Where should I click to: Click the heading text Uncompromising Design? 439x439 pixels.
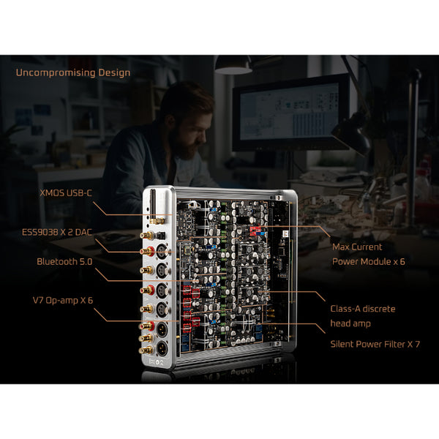pos(73,73)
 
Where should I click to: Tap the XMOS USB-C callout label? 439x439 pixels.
pos(66,193)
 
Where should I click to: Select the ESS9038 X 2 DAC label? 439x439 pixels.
pos(57,232)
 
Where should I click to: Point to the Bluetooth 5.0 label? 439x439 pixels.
pos(64,261)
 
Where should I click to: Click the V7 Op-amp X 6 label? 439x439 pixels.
pos(63,301)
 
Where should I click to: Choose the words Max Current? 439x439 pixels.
pos(357,247)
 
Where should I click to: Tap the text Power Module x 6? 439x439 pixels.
pos(369,261)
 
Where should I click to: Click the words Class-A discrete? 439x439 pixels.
pos(363,309)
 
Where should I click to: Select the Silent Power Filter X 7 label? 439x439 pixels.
pos(375,344)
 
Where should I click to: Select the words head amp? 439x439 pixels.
pos(350,323)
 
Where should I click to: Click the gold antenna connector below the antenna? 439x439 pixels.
pos(157,221)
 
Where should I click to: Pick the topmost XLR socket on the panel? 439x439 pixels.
pos(162,252)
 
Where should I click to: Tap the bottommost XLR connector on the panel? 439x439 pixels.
pos(162,349)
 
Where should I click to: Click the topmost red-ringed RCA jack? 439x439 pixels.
pos(148,251)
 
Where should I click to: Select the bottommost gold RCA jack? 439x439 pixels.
pos(146,350)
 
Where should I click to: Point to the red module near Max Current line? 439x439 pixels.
pos(255,230)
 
